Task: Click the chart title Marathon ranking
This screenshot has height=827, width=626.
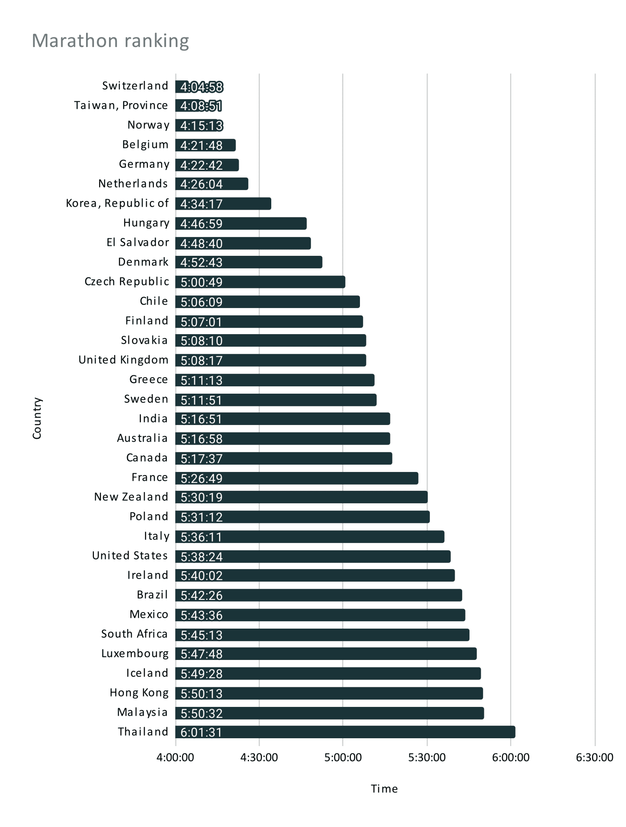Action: (x=110, y=41)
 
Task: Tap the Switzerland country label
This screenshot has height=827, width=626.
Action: (x=135, y=86)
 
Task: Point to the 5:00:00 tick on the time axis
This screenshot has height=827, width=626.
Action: (x=343, y=757)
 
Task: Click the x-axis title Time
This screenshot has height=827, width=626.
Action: (x=384, y=789)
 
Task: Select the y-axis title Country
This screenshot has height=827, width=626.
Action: (x=37, y=418)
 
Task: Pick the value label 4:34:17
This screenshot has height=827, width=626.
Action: (x=201, y=204)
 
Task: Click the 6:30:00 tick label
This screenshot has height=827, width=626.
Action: (x=594, y=757)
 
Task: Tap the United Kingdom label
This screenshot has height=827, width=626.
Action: (x=123, y=360)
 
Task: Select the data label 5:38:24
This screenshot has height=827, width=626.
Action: (x=201, y=557)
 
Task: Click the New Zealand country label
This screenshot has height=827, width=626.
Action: (x=131, y=497)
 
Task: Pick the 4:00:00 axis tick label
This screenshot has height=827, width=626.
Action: (x=175, y=757)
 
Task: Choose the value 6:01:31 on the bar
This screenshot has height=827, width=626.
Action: (x=201, y=733)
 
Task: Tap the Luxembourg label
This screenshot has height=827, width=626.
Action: (x=135, y=653)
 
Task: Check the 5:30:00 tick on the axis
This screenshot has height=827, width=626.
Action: (x=427, y=757)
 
